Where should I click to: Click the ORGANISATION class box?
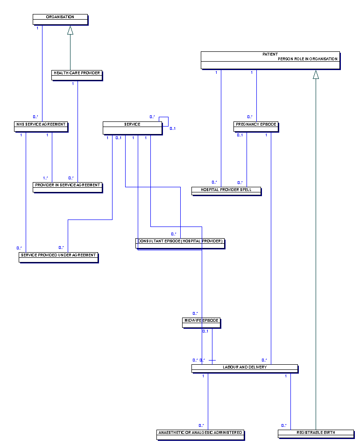60,19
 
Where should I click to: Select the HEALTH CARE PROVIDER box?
77,75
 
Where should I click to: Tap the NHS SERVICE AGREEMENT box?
41,126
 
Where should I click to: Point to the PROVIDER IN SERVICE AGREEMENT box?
67,187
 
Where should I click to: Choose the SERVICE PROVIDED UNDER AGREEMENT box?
58,257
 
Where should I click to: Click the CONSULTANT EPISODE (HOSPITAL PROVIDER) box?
180,243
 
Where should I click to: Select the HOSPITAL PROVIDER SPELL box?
226,191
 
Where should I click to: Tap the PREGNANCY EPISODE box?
256,126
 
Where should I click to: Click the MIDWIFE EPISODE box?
201,322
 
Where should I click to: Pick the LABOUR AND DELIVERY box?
244,368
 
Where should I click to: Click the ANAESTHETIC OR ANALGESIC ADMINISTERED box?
200,434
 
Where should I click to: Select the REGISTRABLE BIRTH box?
316,434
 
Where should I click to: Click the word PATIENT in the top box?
270,55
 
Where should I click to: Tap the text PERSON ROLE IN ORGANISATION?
308,59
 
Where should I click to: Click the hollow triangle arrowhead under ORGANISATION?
70,30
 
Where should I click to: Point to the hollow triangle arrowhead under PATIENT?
316,75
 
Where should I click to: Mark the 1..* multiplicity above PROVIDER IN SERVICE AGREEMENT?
46,177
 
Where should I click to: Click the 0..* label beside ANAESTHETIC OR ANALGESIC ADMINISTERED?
201,425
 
